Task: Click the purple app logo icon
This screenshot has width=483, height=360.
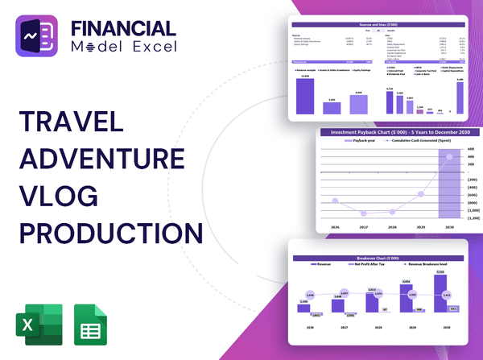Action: click(x=41, y=41)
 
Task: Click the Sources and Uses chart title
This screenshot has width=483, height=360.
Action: click(x=369, y=26)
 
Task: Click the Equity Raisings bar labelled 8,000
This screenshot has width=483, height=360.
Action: click(x=359, y=102)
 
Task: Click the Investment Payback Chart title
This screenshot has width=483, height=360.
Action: click(x=394, y=132)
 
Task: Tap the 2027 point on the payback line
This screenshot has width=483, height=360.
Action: click(x=365, y=214)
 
